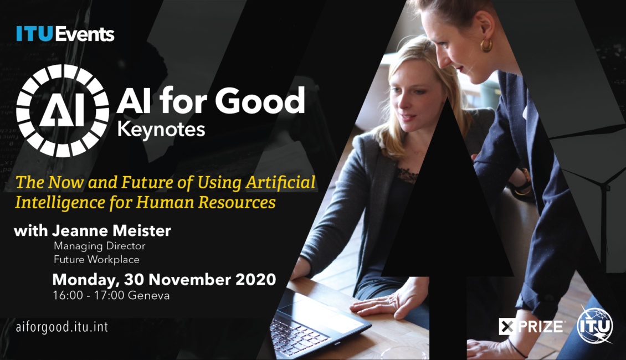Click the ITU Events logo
(65, 34)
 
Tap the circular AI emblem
(63, 111)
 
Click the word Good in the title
(260, 100)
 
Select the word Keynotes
(161, 130)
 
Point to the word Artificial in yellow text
(280, 182)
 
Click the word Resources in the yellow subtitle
(237, 202)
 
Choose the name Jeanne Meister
(111, 231)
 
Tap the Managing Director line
(99, 246)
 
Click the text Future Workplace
(96, 259)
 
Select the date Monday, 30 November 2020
(164, 279)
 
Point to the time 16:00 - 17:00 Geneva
(111, 296)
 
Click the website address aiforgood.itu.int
(62, 327)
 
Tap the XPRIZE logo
(531, 327)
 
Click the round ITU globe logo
(596, 325)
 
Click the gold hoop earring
(486, 45)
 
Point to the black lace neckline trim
(405, 175)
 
